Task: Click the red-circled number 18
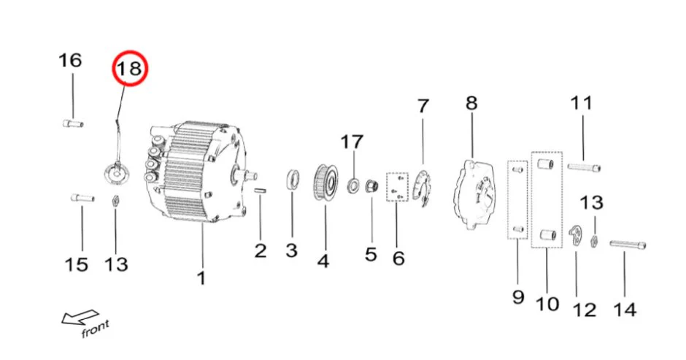click(x=129, y=70)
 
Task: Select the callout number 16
click(x=71, y=61)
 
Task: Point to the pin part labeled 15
click(x=81, y=197)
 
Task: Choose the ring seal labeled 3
click(x=292, y=178)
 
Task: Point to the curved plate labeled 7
click(x=423, y=188)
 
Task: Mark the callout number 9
click(x=517, y=296)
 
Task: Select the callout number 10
click(x=547, y=302)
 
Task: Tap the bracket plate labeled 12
click(x=576, y=235)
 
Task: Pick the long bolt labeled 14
click(x=627, y=245)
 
